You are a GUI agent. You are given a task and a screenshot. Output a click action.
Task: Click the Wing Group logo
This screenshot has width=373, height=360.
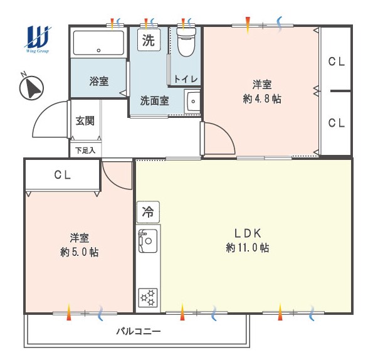(38, 39)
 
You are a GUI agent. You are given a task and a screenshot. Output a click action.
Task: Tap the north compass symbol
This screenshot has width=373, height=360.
(31, 87)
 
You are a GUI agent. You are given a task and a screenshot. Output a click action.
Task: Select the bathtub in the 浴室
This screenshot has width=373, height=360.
(98, 43)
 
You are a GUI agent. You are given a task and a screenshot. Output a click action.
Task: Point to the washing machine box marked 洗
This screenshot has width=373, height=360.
(149, 40)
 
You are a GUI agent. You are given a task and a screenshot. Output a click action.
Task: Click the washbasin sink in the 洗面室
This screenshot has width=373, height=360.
(192, 101)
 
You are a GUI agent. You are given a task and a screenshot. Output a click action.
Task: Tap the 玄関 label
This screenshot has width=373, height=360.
(85, 121)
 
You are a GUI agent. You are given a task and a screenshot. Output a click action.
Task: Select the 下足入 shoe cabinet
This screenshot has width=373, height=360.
(85, 150)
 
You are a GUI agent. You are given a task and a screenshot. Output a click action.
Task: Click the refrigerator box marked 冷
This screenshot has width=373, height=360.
(148, 212)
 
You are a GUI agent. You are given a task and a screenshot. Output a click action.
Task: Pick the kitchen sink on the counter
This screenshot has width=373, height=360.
(148, 241)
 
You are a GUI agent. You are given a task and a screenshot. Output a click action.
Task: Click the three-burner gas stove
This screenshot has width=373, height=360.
(148, 298)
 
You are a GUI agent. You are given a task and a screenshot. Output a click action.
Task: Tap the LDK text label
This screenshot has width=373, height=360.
(248, 233)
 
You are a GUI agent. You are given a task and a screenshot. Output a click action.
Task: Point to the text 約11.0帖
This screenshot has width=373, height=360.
(248, 248)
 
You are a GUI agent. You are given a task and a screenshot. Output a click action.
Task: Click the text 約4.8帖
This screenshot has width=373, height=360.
(262, 98)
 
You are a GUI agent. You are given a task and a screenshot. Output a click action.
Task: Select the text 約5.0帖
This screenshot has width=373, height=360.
(79, 252)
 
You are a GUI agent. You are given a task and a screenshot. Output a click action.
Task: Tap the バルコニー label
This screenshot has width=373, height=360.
(138, 331)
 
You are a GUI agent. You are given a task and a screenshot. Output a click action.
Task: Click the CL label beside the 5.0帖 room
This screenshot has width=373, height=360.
(62, 175)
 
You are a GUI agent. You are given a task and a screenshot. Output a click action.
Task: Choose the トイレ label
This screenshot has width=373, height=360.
(186, 79)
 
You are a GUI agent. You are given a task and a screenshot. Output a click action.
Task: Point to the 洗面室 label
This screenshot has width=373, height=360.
(155, 101)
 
